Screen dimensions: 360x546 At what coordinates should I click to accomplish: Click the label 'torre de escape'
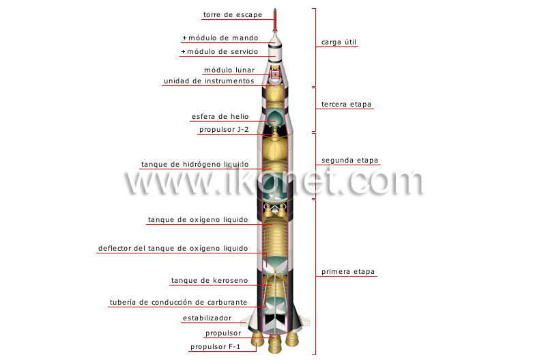(x=232, y=14)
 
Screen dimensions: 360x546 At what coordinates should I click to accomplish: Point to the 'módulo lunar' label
(x=229, y=70)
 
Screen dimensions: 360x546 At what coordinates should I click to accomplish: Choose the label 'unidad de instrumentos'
(x=209, y=81)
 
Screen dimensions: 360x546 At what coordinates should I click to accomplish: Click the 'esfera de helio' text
(x=220, y=116)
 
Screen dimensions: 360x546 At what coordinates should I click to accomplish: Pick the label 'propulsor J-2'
(x=224, y=129)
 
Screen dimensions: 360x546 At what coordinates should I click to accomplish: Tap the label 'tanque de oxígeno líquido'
(x=198, y=220)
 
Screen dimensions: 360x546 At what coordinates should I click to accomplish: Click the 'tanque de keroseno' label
(x=210, y=281)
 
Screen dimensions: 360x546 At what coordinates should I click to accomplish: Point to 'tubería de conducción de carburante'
(x=179, y=302)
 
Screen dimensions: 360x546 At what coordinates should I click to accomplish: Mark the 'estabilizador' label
(x=207, y=318)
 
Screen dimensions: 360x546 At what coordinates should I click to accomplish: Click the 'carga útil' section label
(x=339, y=42)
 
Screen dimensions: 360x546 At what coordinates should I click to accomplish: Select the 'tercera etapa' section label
(x=347, y=105)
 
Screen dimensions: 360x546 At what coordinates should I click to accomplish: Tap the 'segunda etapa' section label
(x=349, y=161)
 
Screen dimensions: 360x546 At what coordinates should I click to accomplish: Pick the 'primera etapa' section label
(x=348, y=272)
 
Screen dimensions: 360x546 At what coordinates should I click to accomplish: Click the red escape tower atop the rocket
(x=274, y=20)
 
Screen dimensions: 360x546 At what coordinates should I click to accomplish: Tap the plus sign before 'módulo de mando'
(x=184, y=38)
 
